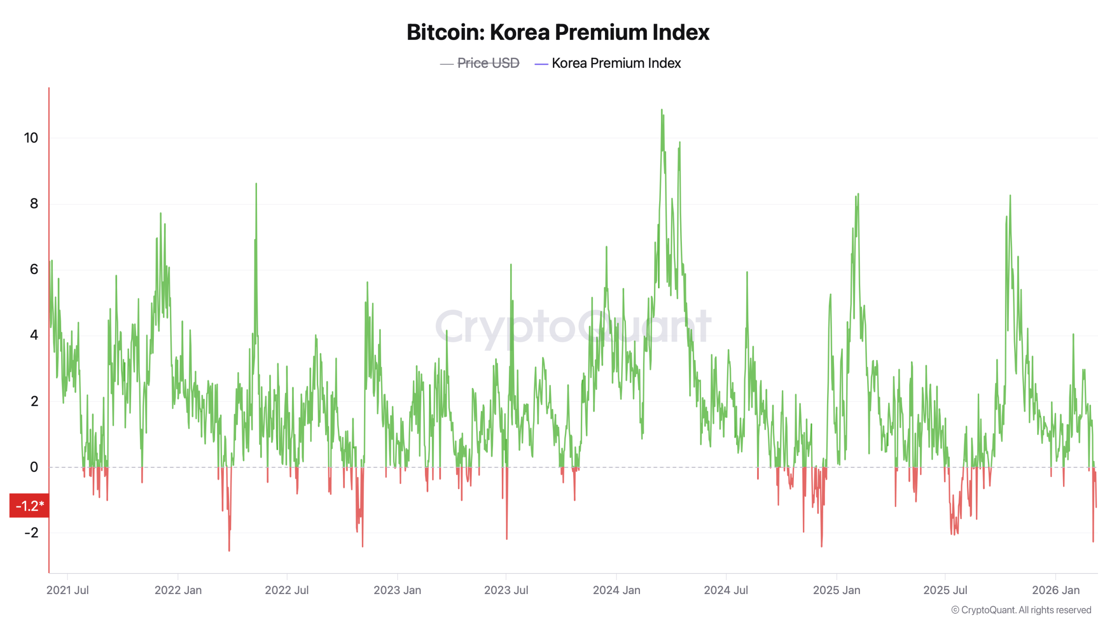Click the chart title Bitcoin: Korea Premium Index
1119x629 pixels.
(558, 32)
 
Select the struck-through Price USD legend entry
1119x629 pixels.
(488, 63)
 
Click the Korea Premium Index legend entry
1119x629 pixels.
(616, 63)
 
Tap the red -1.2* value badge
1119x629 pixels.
(29, 506)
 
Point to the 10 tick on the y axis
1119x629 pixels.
(31, 138)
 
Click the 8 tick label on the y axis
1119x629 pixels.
(34, 204)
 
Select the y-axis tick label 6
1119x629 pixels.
(34, 270)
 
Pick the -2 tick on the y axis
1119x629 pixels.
(31, 532)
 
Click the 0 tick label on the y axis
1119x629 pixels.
(34, 467)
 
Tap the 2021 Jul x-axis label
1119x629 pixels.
(67, 590)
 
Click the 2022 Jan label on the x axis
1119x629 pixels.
(178, 590)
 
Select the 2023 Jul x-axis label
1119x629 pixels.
(506, 590)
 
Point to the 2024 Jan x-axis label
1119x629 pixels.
(616, 590)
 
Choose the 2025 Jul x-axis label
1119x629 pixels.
(945, 590)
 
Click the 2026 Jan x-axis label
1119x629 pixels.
(1055, 590)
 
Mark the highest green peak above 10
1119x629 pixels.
(661, 111)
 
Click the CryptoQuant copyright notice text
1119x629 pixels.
(1021, 610)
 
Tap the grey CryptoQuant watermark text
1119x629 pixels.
(573, 326)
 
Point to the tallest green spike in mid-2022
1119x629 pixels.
(256, 184)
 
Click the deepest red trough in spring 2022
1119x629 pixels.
(229, 550)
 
